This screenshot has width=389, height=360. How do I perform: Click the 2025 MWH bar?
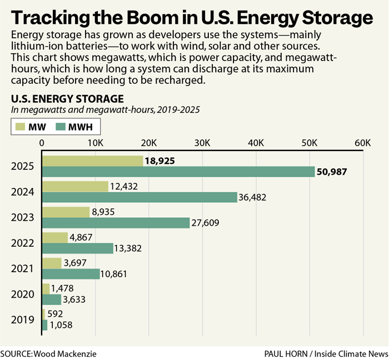click(178, 172)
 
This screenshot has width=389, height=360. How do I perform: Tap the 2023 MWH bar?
click(116, 223)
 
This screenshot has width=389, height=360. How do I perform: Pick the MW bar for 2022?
click(54, 238)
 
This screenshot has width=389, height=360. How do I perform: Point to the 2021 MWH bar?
click(71, 274)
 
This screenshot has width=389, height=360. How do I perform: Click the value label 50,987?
click(332, 172)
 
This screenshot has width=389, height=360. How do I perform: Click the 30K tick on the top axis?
click(202, 143)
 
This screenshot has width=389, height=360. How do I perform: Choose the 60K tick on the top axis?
click(363, 143)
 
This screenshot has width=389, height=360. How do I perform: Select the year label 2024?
click(23, 192)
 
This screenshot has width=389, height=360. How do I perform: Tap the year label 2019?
click(23, 320)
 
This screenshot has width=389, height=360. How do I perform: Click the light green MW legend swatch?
click(21, 127)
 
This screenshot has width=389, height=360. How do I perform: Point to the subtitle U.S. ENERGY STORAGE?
click(67, 99)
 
